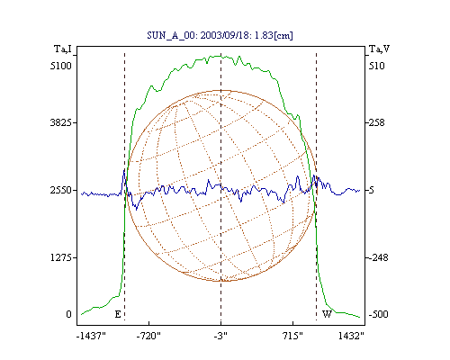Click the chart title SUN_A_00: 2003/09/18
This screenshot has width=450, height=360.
tap(198, 35)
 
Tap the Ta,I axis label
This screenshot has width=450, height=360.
tap(63, 49)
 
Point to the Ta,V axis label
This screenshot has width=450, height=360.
tap(380, 49)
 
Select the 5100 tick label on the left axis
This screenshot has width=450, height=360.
tap(61, 66)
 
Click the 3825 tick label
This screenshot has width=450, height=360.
tap(61, 122)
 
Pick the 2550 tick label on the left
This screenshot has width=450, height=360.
tap(61, 190)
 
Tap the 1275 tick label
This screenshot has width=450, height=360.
tap(61, 257)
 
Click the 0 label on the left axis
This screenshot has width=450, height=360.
tap(68, 314)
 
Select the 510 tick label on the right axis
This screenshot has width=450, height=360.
tap(377, 66)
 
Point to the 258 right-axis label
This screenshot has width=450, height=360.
tap(377, 122)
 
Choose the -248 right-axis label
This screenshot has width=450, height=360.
tap(378, 257)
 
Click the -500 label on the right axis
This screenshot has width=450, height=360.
tap(378, 314)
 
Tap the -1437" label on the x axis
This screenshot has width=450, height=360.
tap(91, 336)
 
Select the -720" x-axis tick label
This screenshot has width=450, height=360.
tap(148, 336)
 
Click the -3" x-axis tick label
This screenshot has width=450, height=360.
tap(220, 336)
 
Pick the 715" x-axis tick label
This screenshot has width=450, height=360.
tap(292, 336)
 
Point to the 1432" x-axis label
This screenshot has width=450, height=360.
tap(351, 336)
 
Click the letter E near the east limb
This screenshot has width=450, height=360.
tap(118, 314)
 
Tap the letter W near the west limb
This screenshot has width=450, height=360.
tap(327, 314)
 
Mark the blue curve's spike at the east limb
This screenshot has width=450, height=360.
tap(124, 170)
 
